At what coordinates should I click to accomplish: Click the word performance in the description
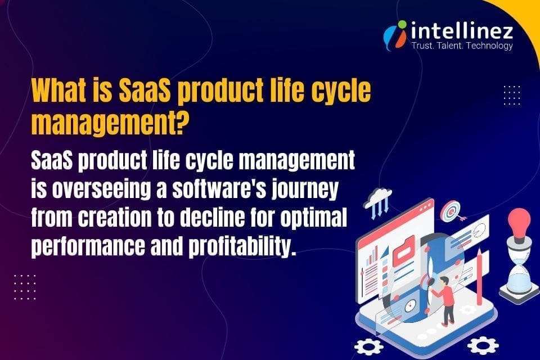pos(91,246)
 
